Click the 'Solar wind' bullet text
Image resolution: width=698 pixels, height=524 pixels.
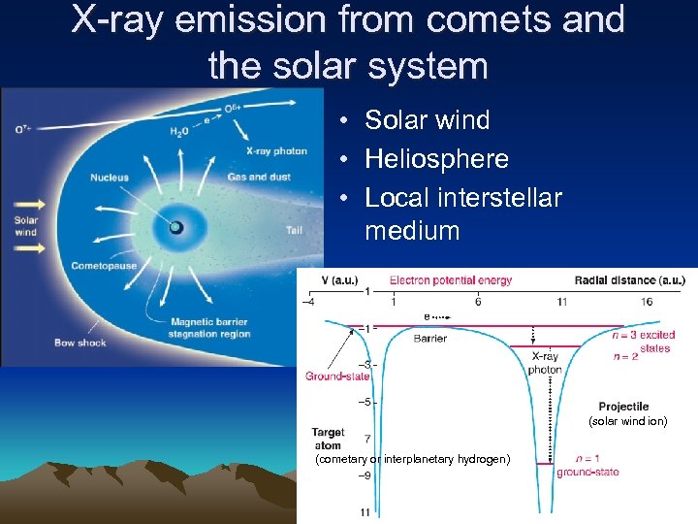pyautogui.click(x=427, y=120)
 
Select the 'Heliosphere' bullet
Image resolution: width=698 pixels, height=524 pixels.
pyautogui.click(x=436, y=158)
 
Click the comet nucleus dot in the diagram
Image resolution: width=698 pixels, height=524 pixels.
pyautogui.click(x=176, y=228)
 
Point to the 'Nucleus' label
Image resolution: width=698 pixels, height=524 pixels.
pyautogui.click(x=110, y=178)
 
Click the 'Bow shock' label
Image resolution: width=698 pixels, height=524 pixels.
pyautogui.click(x=79, y=343)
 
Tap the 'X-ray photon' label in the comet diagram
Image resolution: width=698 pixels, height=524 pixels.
pyautogui.click(x=276, y=151)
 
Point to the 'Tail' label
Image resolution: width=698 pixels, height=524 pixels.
pyautogui.click(x=295, y=230)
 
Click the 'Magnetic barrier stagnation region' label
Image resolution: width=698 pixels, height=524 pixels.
pyautogui.click(x=208, y=328)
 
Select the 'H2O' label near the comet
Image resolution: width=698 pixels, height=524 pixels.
pyautogui.click(x=178, y=131)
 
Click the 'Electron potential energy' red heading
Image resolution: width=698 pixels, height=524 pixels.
pyautogui.click(x=451, y=280)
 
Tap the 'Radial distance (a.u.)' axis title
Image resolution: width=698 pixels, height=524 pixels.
pyautogui.click(x=629, y=280)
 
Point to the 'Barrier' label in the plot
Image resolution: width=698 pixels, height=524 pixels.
pyautogui.click(x=430, y=339)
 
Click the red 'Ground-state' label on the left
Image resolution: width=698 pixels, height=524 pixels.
pyautogui.click(x=337, y=377)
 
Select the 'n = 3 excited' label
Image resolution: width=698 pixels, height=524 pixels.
pyautogui.click(x=645, y=336)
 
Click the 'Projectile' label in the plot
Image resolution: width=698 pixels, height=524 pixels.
pyautogui.click(x=623, y=407)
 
